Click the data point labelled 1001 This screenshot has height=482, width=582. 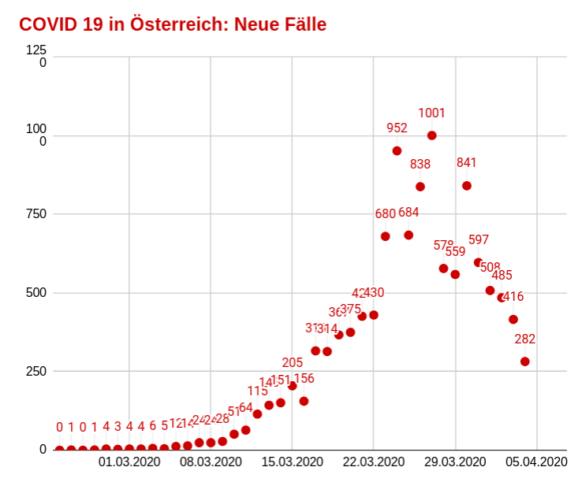click(431, 135)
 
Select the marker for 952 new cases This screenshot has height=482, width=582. click(397, 150)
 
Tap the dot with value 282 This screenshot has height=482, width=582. click(525, 361)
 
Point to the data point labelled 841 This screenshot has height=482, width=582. click(467, 186)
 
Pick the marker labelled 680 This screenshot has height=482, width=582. click(386, 236)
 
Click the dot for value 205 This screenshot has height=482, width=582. click(293, 386)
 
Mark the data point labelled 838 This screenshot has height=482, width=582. click(420, 187)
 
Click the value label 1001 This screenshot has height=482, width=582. click(431, 113)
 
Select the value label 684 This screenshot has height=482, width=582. click(409, 213)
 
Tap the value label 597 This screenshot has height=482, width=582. click(479, 240)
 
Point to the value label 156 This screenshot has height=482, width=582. click(304, 379)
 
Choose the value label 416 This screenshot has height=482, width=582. click(513, 297)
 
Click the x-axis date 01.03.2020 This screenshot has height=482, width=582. click(129, 462)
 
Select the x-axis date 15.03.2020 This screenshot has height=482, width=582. click(293, 462)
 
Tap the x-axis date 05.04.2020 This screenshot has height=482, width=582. click(537, 462)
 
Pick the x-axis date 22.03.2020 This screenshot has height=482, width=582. click(374, 462)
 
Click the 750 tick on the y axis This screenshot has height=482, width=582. click(36, 214)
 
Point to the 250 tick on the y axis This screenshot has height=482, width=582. click(36, 371)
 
